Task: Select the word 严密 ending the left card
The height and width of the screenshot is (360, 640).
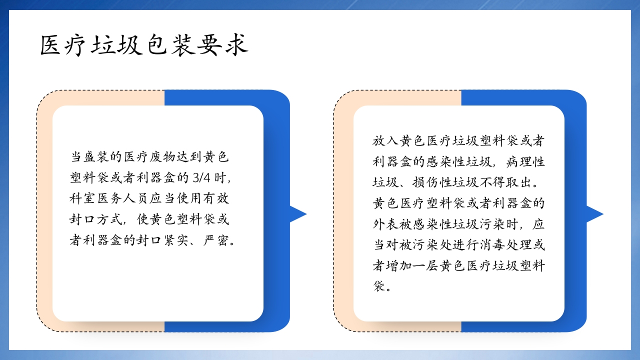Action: click(216, 241)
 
